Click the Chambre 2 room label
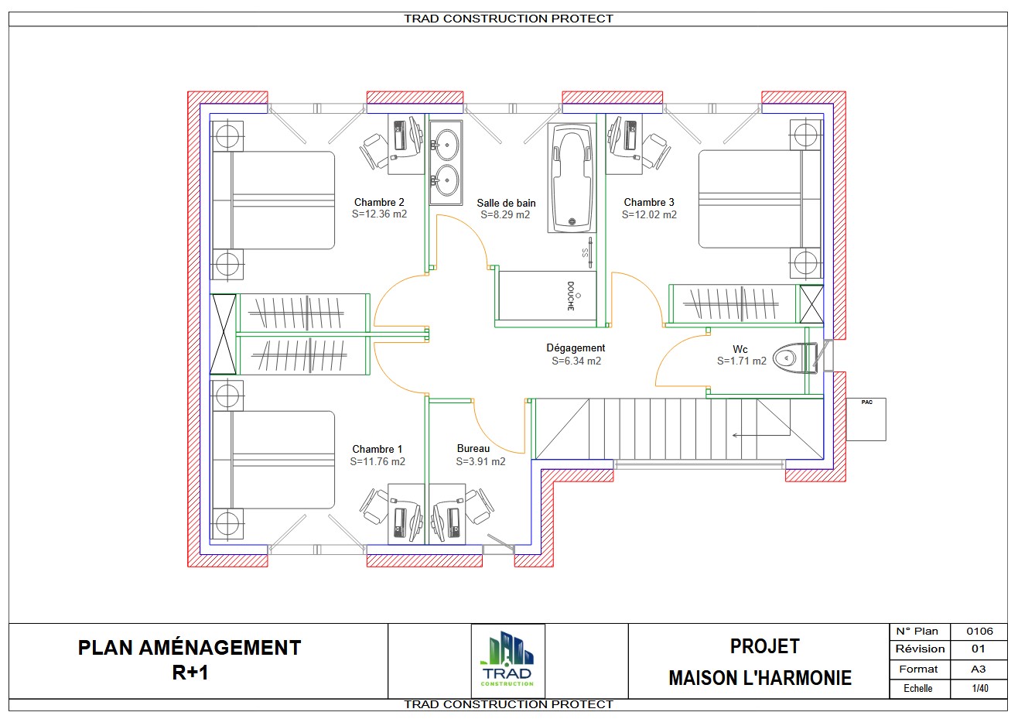(379, 202)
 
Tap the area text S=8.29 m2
(505, 214)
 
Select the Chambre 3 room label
(649, 202)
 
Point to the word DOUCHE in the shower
(571, 296)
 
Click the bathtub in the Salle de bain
(572, 177)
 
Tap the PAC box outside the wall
(866, 419)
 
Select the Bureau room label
(473, 448)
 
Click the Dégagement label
(576, 348)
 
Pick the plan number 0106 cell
(979, 631)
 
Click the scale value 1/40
(979, 688)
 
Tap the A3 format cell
(979, 669)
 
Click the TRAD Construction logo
(507, 660)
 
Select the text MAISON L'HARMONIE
(760, 678)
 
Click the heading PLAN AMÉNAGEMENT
(190, 648)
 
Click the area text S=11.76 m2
(377, 461)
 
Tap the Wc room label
(740, 349)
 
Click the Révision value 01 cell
(979, 649)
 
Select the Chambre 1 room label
(377, 449)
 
